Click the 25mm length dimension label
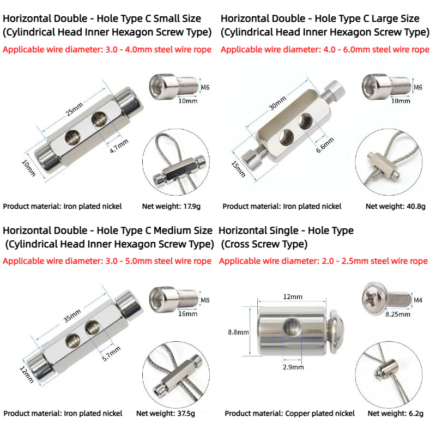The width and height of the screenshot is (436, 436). (x=74, y=108)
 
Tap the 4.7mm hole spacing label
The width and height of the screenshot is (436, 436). (x=119, y=146)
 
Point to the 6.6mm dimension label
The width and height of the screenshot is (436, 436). (x=325, y=145)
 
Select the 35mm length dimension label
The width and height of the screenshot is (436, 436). (x=72, y=316)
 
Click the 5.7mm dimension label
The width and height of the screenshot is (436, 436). (x=111, y=354)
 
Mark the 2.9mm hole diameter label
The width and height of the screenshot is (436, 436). (x=293, y=367)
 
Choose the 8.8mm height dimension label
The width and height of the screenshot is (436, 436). (x=238, y=332)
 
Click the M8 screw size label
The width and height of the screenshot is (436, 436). (x=205, y=300)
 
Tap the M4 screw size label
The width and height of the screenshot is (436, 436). (x=418, y=300)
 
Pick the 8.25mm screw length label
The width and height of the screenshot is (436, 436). (x=398, y=314)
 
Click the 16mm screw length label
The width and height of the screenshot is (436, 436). (x=187, y=314)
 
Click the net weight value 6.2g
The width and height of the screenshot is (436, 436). (x=416, y=414)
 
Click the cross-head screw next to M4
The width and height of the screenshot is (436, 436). (x=386, y=298)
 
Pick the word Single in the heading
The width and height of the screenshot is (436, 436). (x=279, y=231)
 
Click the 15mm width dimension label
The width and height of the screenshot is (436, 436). (x=238, y=169)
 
